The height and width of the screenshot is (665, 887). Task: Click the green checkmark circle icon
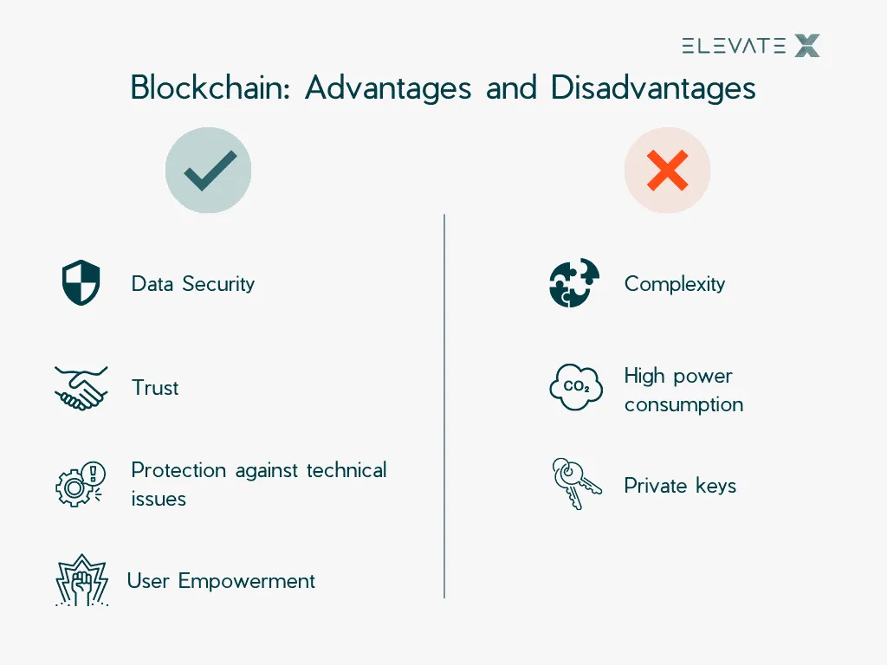(x=208, y=171)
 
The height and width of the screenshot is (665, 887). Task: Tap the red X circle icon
(x=667, y=171)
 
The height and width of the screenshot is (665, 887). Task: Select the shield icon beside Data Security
(x=81, y=284)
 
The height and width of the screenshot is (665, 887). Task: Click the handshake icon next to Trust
(x=81, y=387)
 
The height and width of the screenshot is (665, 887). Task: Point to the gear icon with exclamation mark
(x=81, y=484)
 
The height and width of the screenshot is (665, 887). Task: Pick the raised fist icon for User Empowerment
(x=81, y=579)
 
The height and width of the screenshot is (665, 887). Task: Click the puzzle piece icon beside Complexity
(x=574, y=283)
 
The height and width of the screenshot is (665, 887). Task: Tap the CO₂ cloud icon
(x=576, y=388)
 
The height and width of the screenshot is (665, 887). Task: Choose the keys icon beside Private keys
(x=576, y=484)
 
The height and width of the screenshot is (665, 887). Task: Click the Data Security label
(x=193, y=284)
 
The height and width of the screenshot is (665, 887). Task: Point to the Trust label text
(x=155, y=388)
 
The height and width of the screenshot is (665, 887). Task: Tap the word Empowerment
(x=247, y=580)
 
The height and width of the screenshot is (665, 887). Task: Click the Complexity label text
(x=675, y=284)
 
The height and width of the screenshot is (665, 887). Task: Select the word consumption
(x=683, y=404)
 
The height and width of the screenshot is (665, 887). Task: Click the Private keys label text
(x=680, y=486)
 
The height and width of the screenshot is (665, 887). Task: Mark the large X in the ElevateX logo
(x=806, y=46)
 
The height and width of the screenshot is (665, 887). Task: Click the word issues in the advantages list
(x=159, y=499)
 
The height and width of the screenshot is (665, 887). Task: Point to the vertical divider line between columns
(x=444, y=406)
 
